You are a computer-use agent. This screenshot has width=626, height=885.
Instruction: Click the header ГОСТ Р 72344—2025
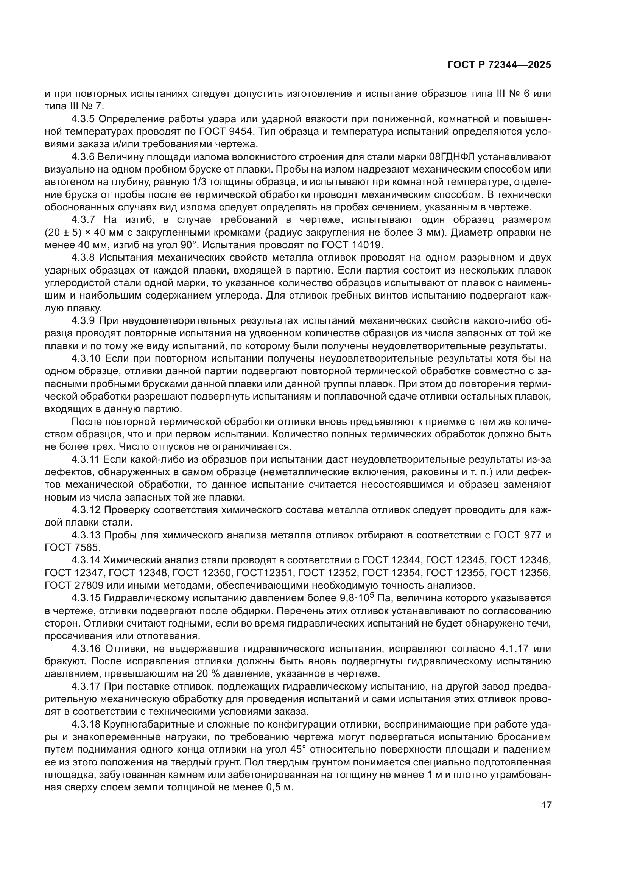click(x=499, y=65)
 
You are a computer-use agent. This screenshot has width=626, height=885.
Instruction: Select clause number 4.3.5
click(x=83, y=119)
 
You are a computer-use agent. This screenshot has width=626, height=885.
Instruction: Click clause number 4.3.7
click(x=83, y=220)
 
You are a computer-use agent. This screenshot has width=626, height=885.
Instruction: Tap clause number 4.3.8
click(x=83, y=258)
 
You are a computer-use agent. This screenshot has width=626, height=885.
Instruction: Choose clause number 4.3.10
click(x=86, y=359)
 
